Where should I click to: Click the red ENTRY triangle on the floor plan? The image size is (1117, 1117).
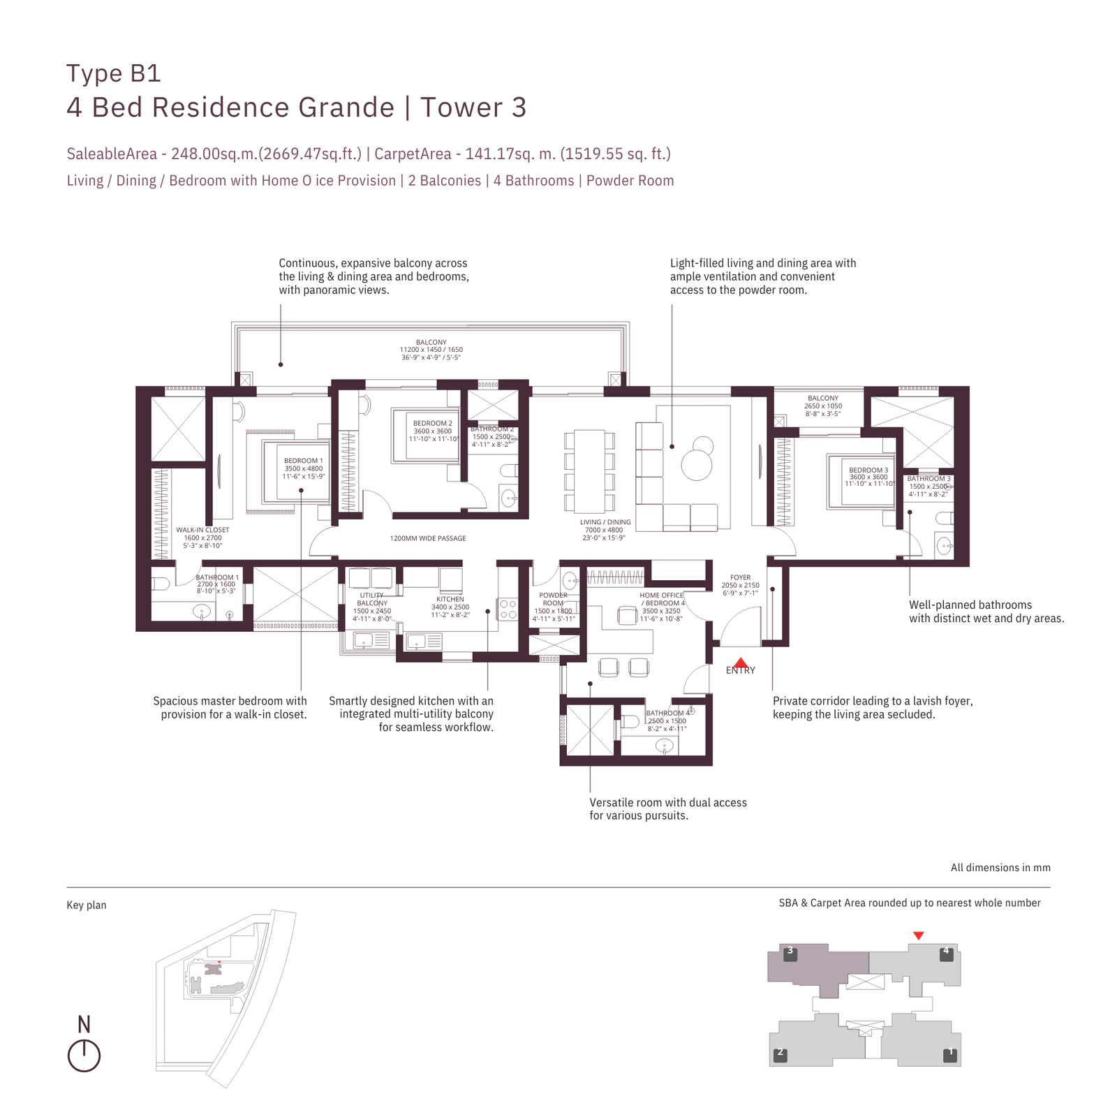[x=741, y=663]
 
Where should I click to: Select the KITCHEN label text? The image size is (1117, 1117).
[x=450, y=599]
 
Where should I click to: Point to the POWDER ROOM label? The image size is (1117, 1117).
[x=553, y=599]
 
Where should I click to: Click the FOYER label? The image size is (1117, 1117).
[x=740, y=578]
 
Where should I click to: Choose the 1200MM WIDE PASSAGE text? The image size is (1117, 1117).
[x=428, y=538]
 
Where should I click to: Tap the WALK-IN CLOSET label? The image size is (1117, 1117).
[x=202, y=530]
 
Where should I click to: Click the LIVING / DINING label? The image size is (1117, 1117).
[x=605, y=522]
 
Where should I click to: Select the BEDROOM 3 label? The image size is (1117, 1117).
[x=868, y=470]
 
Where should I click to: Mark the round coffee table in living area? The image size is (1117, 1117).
[x=696, y=464]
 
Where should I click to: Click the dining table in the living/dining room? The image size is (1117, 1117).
[x=589, y=471]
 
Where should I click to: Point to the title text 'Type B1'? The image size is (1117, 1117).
[x=114, y=73]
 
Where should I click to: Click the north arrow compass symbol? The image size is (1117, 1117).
[x=84, y=1056]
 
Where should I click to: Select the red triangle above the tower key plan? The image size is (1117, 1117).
[x=919, y=935]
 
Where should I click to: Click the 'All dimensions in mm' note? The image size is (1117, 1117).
[x=1000, y=868]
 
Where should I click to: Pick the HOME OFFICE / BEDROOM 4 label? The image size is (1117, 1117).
[x=661, y=599]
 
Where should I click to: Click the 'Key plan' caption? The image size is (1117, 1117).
[x=87, y=905]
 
